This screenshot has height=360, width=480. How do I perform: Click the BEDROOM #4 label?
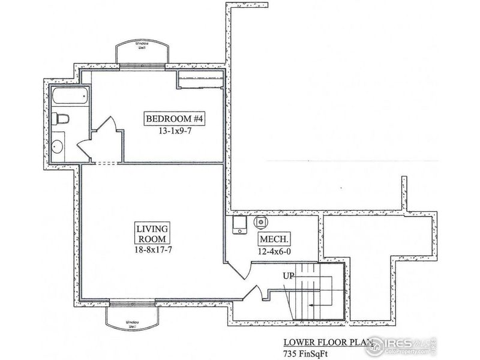tap(175, 118)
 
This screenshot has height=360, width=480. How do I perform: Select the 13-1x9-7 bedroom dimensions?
tap(175, 130)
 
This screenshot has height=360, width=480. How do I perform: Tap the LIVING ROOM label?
tap(152, 233)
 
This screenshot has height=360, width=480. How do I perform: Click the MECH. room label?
tap(271, 238)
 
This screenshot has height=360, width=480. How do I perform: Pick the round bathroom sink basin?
tap(58, 145)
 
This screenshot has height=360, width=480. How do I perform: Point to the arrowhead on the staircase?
tap(310, 305)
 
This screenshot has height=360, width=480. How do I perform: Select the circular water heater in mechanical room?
tap(262, 221)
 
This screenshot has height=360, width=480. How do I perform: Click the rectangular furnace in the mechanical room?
tap(239, 223)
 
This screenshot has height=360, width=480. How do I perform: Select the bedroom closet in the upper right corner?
tap(200, 79)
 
